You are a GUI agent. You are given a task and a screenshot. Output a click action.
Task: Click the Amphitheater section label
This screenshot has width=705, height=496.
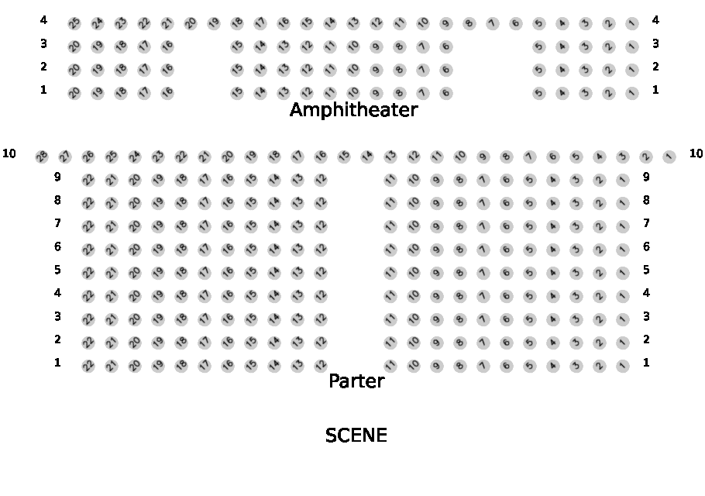353,110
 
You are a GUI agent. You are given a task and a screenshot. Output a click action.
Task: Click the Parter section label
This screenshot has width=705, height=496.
356,381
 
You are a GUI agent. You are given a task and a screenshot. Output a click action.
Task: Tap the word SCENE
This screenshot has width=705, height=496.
356,436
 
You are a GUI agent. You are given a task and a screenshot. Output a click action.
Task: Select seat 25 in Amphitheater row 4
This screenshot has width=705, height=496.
74,23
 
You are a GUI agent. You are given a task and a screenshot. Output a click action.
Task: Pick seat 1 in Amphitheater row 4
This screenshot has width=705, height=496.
632,23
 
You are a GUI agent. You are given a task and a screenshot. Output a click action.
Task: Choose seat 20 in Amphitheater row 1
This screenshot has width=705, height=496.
74,93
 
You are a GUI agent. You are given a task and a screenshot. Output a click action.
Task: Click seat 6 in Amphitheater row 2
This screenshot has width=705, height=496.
446,70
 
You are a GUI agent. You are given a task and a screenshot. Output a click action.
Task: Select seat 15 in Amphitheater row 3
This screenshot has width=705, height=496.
237,46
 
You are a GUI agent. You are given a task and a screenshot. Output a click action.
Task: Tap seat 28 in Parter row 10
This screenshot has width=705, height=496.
42,157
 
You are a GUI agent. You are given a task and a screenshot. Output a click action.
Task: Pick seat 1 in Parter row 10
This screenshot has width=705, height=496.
669,157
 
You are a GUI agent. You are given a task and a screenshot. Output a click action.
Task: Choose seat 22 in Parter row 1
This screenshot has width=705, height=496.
88,366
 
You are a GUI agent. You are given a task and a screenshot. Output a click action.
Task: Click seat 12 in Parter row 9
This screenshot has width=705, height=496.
321,180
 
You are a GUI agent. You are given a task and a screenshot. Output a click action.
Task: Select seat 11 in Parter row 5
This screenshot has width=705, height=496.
390,273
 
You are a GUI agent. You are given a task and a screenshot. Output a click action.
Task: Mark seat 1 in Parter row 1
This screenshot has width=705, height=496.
623,366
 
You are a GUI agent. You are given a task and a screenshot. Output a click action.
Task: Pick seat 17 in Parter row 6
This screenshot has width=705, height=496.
205,250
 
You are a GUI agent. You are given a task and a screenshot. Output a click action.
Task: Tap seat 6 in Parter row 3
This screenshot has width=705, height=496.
507,319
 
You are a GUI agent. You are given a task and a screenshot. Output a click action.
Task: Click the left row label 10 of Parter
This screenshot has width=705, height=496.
9,153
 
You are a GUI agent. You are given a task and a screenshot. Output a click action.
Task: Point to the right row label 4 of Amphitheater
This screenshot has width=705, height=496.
655,20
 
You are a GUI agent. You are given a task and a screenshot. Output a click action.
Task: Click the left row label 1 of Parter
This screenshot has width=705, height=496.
57,363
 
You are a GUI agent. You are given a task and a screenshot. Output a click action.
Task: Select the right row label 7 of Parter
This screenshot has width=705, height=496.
646,223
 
